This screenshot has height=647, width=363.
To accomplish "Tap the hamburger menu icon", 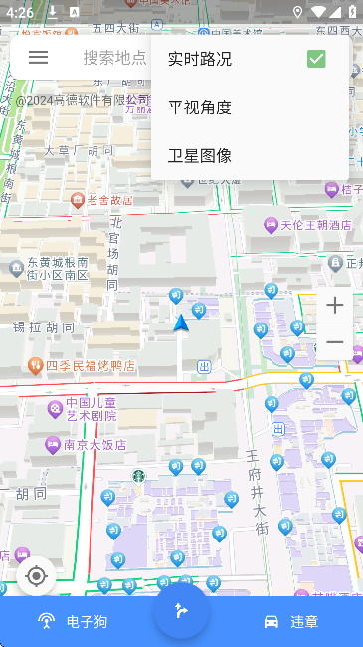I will click(x=38, y=58).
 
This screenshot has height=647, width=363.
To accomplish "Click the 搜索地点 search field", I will click(x=113, y=58).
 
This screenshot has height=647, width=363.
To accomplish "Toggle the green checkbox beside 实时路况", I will click(x=316, y=59).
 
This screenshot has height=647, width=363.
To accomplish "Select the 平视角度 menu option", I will click(x=200, y=108).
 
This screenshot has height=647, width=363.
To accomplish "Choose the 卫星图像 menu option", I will click(x=200, y=155).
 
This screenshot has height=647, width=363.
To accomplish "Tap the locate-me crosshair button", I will click(x=37, y=576).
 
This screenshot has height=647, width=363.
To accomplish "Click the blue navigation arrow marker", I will click(x=181, y=323).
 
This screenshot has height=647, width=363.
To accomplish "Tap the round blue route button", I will click(x=181, y=610).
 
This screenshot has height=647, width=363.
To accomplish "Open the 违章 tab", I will click(x=290, y=622).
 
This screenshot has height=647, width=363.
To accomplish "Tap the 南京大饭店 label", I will click(x=93, y=445).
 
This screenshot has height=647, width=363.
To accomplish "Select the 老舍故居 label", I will click(x=108, y=200).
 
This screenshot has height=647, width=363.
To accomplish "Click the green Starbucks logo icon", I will click(x=140, y=476).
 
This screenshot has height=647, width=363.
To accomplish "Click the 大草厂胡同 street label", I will click(x=80, y=151).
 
